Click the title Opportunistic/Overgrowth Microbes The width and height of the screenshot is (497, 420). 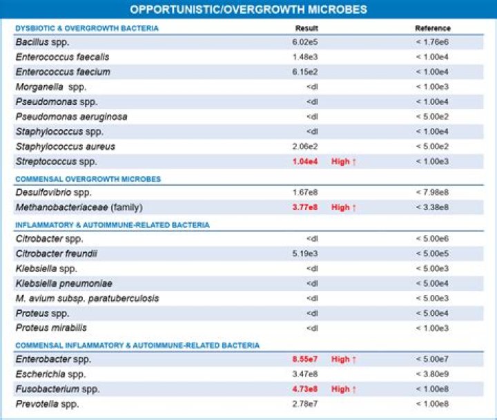248,9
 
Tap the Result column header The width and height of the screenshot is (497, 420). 306,28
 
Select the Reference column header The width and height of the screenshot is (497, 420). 433,28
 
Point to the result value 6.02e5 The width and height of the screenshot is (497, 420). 305,42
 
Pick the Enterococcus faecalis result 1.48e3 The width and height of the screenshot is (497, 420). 305,57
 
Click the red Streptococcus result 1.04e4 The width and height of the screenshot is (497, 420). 304,162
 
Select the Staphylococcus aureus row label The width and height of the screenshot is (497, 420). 66,146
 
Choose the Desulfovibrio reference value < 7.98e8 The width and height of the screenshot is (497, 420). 433,192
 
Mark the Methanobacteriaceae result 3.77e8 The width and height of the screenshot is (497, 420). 304,207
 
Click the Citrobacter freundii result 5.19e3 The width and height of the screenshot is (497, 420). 305,254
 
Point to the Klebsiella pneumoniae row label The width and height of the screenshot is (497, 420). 64,283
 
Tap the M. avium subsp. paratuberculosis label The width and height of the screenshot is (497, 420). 87,298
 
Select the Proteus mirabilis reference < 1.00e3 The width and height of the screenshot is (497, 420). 433,327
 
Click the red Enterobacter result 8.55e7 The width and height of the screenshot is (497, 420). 304,359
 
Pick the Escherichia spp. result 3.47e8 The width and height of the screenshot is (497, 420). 305,374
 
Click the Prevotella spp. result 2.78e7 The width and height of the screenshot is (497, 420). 305,403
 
